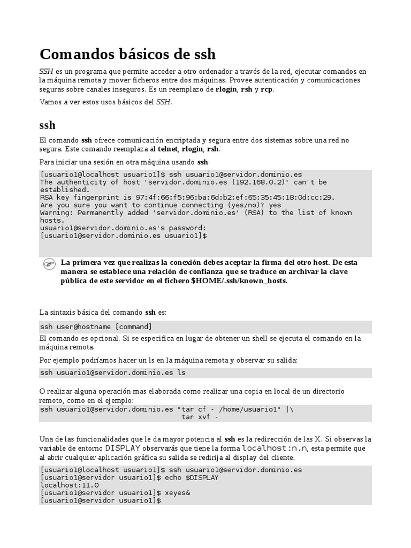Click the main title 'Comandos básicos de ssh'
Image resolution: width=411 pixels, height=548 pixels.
(x=128, y=54)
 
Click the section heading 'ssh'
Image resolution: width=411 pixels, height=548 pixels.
(x=48, y=125)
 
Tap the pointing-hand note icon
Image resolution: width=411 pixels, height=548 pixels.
(x=49, y=264)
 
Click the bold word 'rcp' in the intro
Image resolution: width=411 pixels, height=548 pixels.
(x=267, y=89)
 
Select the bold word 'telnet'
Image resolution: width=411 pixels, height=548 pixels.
(x=168, y=149)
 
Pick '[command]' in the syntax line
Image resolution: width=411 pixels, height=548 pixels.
(x=134, y=327)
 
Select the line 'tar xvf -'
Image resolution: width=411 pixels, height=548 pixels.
(x=200, y=417)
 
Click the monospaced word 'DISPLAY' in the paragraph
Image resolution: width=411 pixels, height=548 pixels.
(x=123, y=448)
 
